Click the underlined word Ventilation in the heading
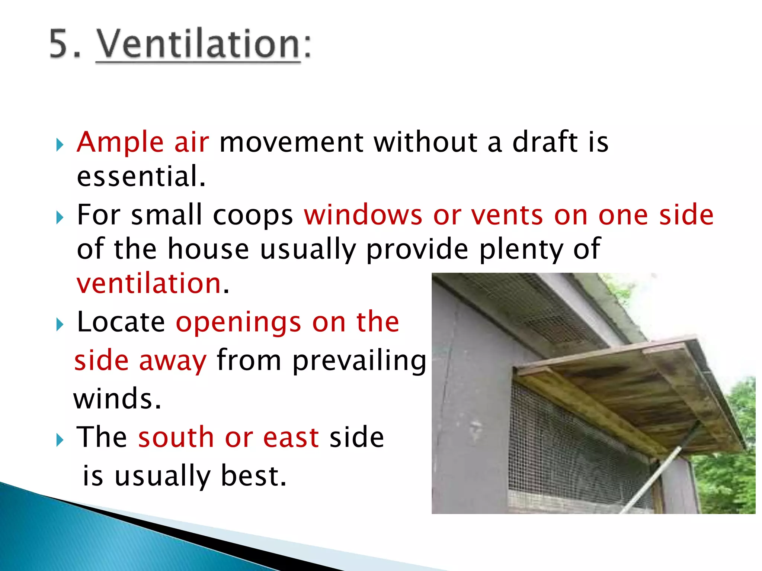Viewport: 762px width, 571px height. point(198,44)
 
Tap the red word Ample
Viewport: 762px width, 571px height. point(120,142)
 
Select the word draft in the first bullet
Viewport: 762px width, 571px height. point(545,142)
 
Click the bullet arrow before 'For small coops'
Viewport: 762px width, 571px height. point(60,217)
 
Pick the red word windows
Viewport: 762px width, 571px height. point(363,215)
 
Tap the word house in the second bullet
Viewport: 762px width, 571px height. point(208,249)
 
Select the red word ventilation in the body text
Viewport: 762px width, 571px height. point(149,284)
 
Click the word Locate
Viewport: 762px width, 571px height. point(121,322)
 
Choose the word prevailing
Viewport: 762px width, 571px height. point(359,361)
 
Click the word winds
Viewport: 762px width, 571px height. point(117,399)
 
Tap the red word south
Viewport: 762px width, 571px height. point(176,437)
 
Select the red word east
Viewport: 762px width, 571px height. point(291,437)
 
